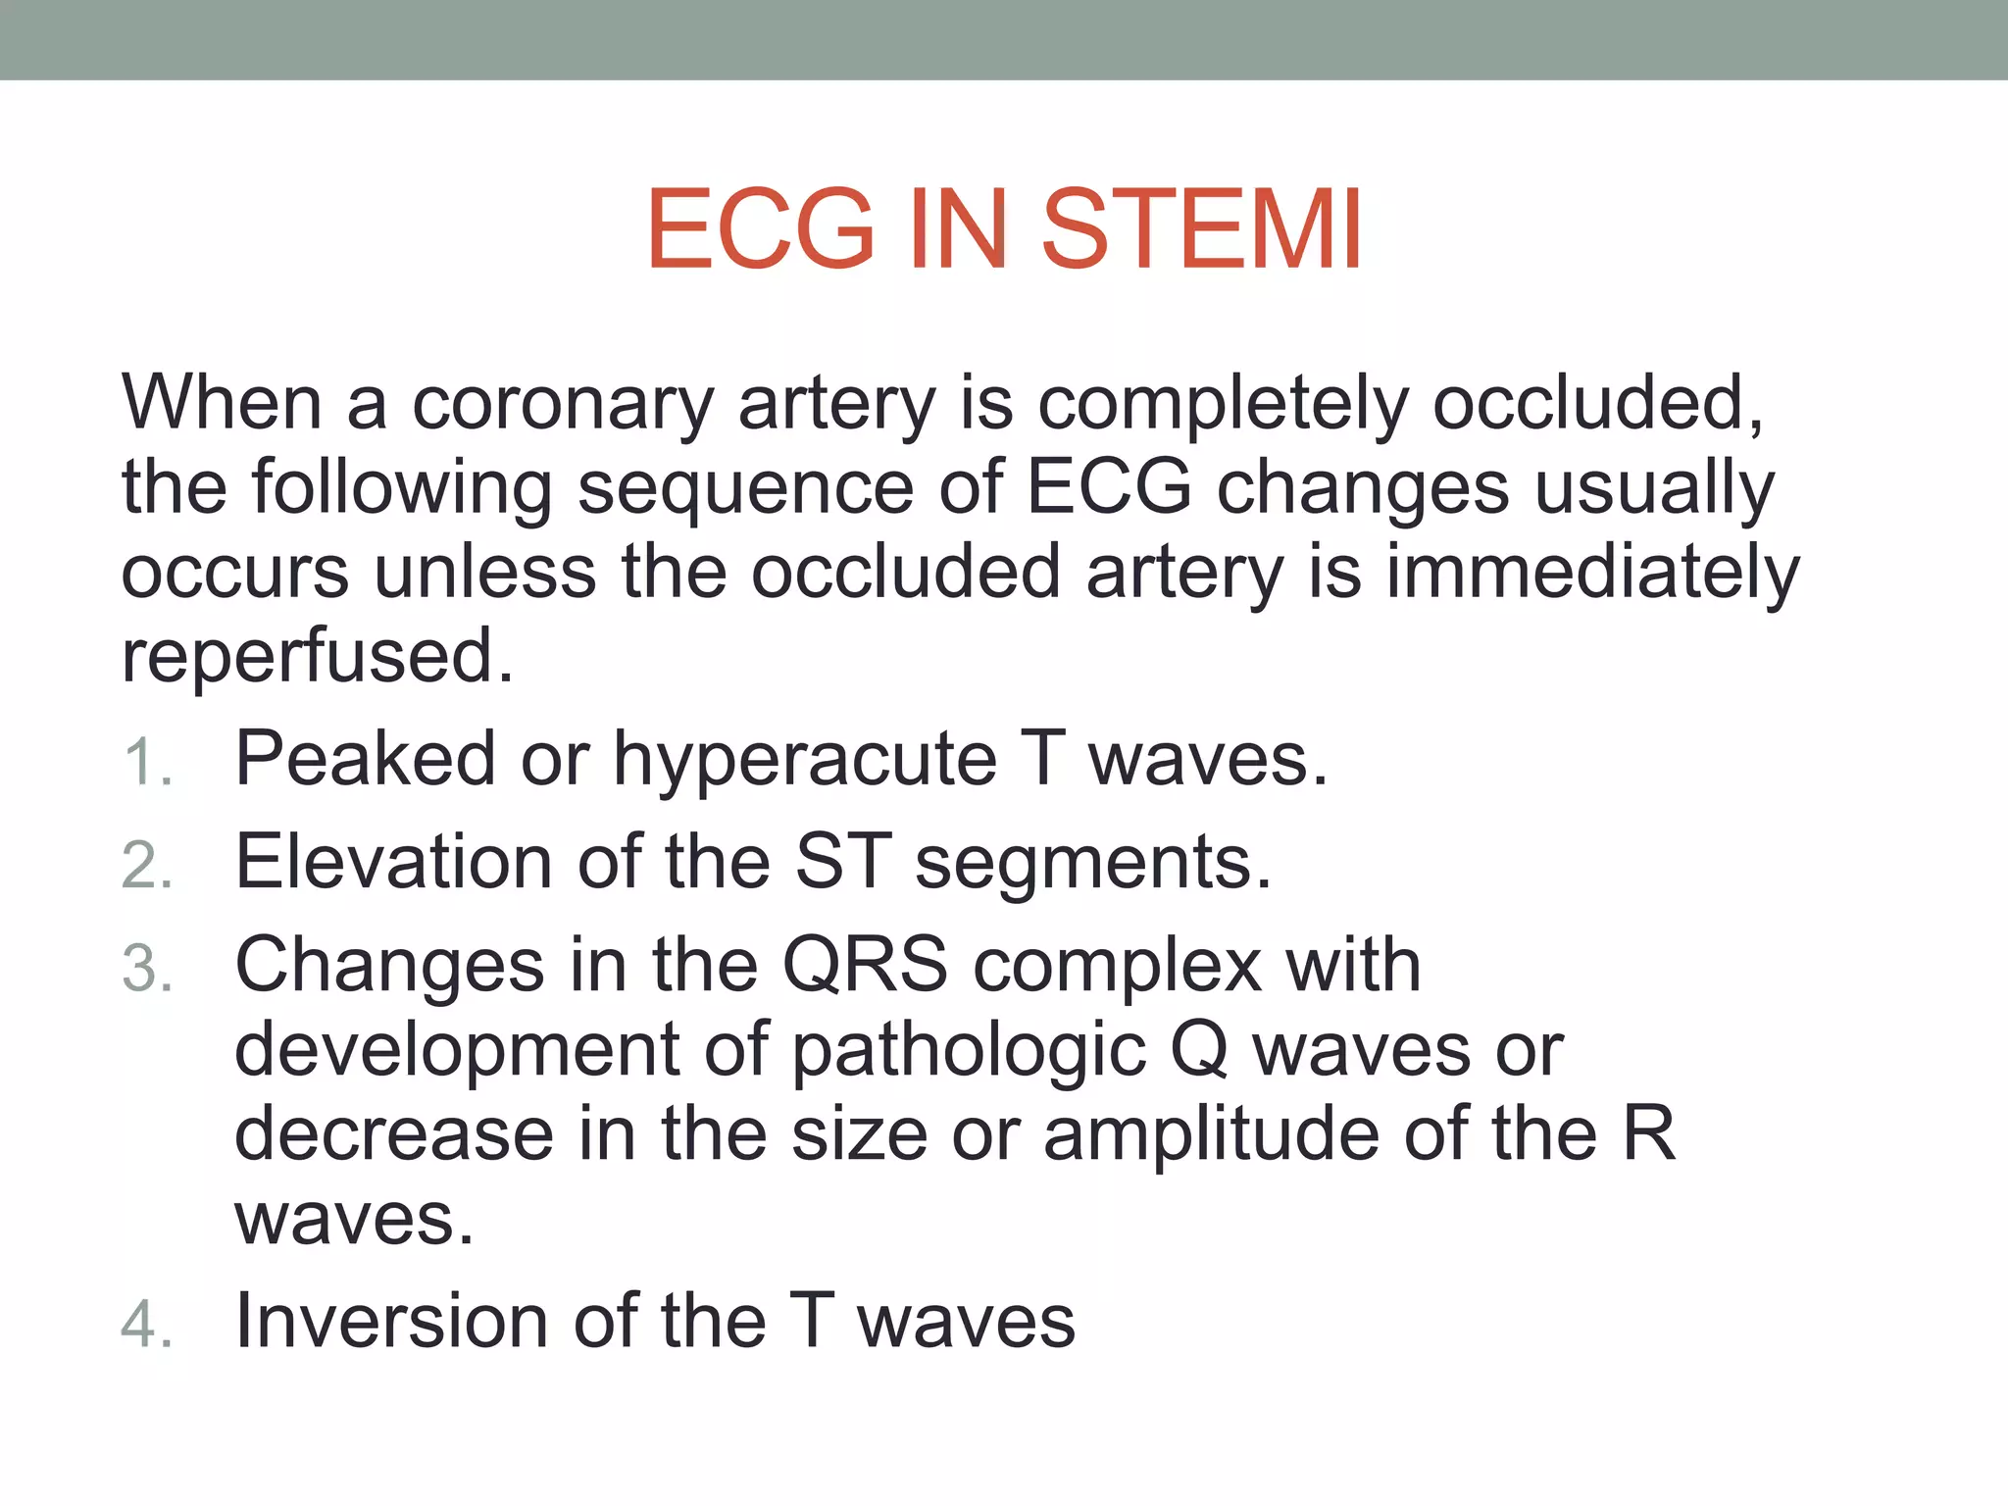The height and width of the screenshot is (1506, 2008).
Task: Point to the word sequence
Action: point(745,487)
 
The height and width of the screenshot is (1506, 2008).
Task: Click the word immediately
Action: point(1592,573)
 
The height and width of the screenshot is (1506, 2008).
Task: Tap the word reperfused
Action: point(316,657)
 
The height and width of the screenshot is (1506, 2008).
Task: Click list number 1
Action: point(147,763)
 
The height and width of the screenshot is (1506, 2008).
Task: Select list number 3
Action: point(147,970)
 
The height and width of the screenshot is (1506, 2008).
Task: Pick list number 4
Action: point(147,1325)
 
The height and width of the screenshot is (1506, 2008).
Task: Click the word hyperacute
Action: point(804,760)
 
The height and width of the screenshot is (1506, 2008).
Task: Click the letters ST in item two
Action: point(842,863)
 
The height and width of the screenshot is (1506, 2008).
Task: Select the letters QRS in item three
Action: point(865,966)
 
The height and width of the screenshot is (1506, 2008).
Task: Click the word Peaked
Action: point(365,760)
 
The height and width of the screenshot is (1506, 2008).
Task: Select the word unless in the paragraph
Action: point(484,573)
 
